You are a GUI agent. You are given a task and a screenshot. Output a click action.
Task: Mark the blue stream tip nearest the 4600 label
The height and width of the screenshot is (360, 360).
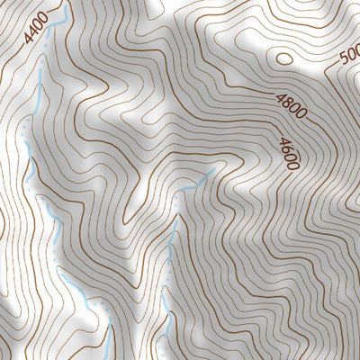[x=211, y=171]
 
